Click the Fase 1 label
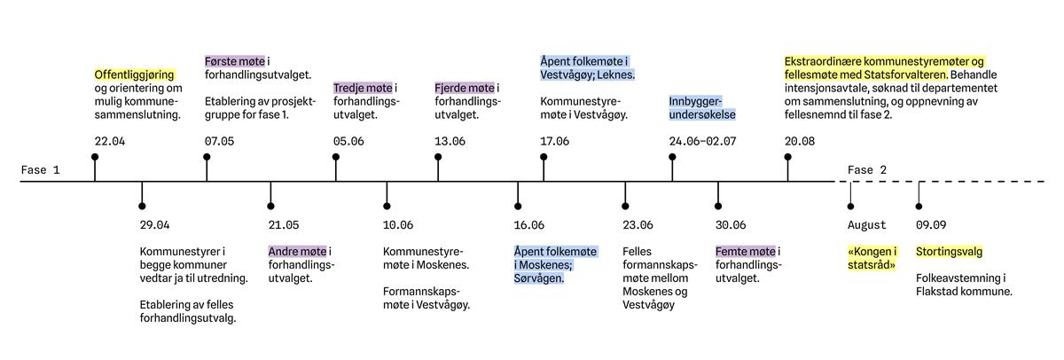[41, 170]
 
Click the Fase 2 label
[867, 170]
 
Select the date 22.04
[110, 141]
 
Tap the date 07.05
[220, 141]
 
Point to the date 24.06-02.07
[702, 141]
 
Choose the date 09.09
[931, 224]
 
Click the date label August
[867, 224]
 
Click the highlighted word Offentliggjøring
[135, 74]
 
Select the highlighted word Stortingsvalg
[949, 252]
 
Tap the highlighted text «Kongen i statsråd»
[872, 258]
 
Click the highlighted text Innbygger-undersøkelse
[702, 108]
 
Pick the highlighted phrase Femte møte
[746, 252]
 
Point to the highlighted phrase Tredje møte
[363, 88]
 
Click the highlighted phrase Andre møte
[297, 252]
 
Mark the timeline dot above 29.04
[142, 206]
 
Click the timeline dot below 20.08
[788, 157]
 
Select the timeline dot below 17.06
[544, 157]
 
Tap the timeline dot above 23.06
[625, 206]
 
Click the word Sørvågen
[539, 278]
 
